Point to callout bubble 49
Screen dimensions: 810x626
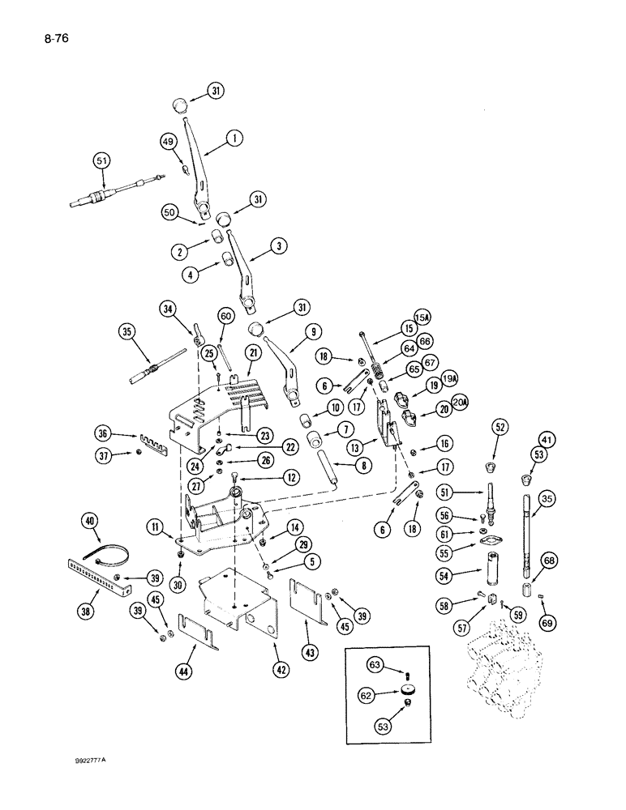168,143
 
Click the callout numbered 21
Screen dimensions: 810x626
254,353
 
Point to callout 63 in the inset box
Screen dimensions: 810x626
375,666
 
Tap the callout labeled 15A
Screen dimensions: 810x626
422,318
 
